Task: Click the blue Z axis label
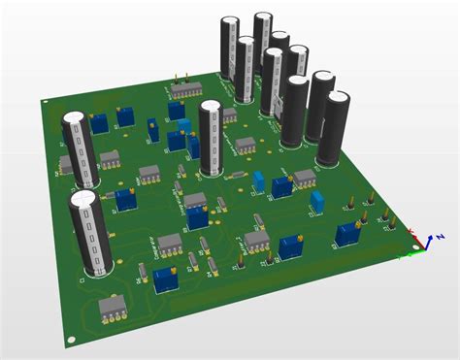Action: tap(441, 236)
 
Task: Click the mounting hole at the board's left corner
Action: tap(43, 101)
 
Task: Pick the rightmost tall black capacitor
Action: tap(337, 126)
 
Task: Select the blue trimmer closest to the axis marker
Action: tap(346, 234)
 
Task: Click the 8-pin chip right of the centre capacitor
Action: tap(246, 146)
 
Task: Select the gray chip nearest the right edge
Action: tap(305, 177)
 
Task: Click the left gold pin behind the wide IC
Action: tap(173, 77)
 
